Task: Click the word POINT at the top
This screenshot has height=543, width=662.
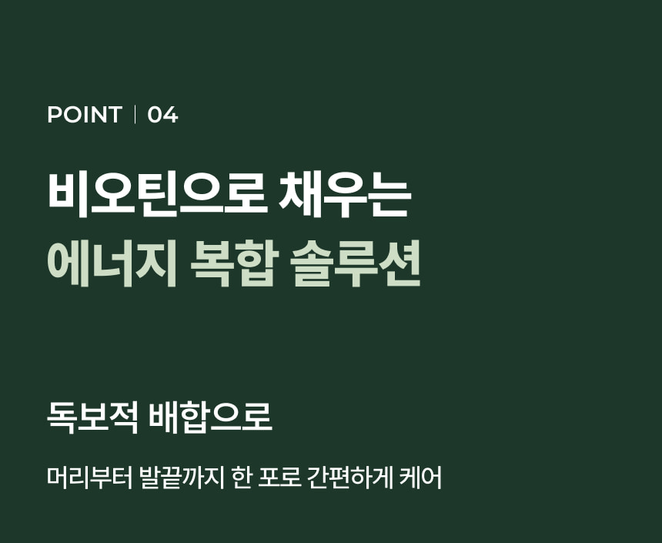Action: tap(85, 115)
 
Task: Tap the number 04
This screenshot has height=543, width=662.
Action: tap(162, 115)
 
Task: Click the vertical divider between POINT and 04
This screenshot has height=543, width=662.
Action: tap(135, 115)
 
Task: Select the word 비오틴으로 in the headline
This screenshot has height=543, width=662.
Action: tap(158, 194)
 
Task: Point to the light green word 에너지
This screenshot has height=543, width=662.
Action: tap(112, 263)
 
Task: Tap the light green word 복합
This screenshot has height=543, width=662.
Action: tap(233, 263)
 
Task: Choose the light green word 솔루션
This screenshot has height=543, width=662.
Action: tap(356, 263)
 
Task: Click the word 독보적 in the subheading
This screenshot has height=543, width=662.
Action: tap(92, 417)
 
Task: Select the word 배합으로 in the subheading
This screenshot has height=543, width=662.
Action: tap(211, 417)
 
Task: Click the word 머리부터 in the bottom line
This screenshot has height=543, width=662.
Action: tap(89, 478)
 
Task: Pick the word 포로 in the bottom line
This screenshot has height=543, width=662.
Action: tap(279, 478)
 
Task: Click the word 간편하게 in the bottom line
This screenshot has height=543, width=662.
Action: tap(350, 478)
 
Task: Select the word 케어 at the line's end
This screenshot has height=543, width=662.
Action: tap(421, 478)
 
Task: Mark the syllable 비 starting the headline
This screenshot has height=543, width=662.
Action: tap(68, 194)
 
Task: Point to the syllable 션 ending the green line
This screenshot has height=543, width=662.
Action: tap(400, 263)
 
